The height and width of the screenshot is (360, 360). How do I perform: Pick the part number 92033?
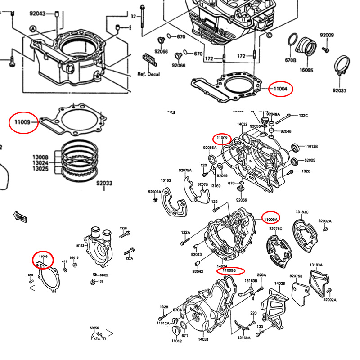(x=104, y=183)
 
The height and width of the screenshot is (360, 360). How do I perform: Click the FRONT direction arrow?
(x=21, y=217)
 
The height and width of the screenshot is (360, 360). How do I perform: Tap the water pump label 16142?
(x=80, y=246)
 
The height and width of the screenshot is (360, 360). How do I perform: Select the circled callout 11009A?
(x=271, y=219)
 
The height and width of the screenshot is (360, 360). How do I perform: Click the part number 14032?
(x=243, y=124)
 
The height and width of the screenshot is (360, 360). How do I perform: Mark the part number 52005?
(x=310, y=161)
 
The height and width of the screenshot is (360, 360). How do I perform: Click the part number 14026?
(x=280, y=283)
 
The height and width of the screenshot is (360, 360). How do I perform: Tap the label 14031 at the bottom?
(x=204, y=339)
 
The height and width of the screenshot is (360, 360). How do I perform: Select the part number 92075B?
(x=296, y=276)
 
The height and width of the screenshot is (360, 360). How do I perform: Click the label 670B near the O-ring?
(x=291, y=60)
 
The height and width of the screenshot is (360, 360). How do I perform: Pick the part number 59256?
(x=94, y=328)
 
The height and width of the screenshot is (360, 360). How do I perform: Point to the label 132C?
(x=303, y=116)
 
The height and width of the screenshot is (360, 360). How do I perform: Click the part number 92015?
(x=74, y=258)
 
